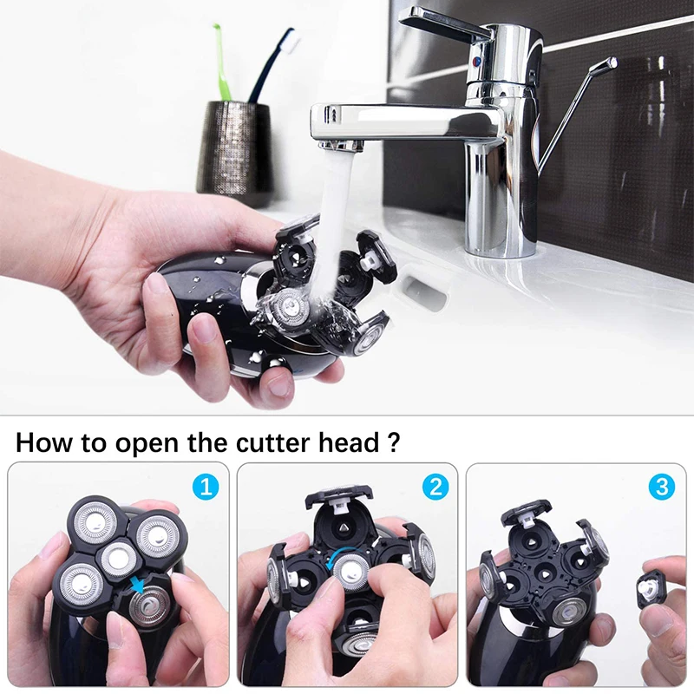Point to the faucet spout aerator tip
coord(341,143)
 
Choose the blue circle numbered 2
coord(434,487)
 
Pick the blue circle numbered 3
coord(664,487)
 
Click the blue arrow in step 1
coord(138,586)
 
